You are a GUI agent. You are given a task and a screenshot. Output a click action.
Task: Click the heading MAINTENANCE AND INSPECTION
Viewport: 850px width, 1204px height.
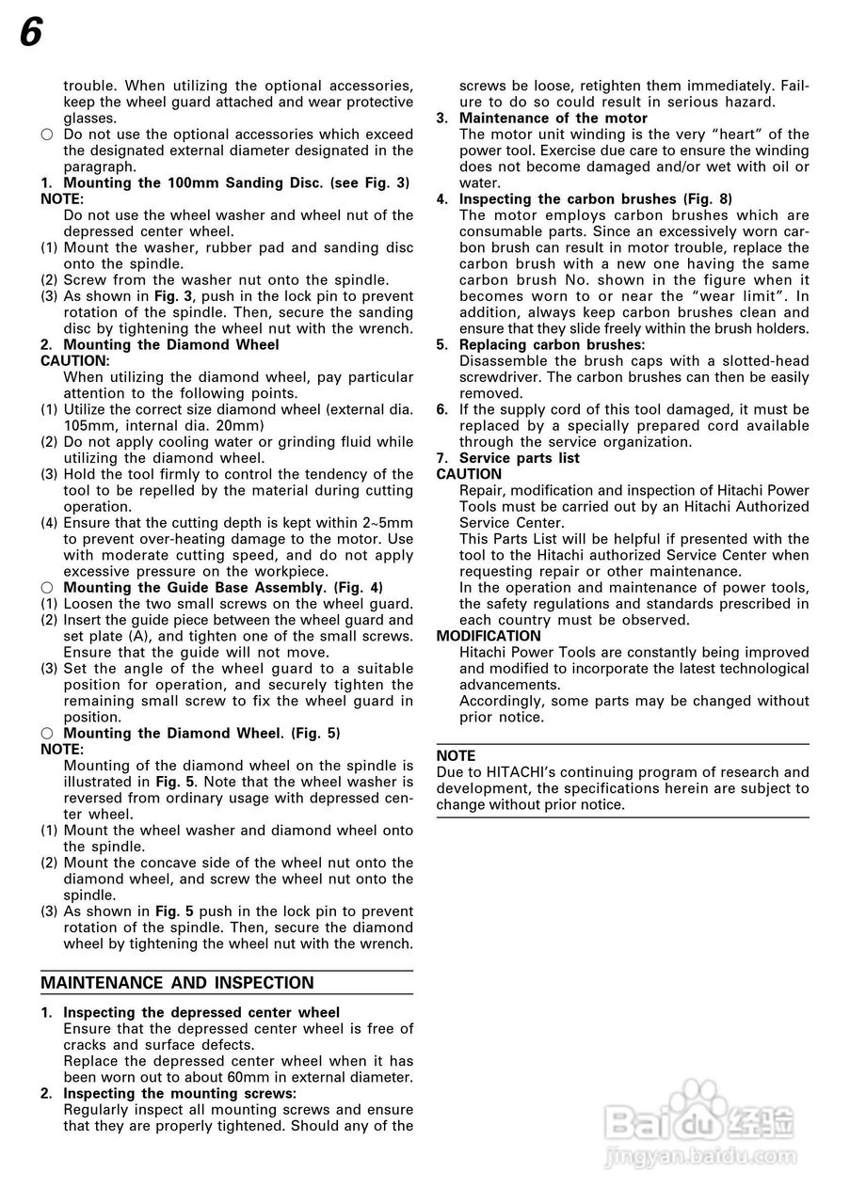click(x=177, y=983)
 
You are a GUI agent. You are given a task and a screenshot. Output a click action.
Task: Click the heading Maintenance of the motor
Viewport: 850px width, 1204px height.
click(x=553, y=119)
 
